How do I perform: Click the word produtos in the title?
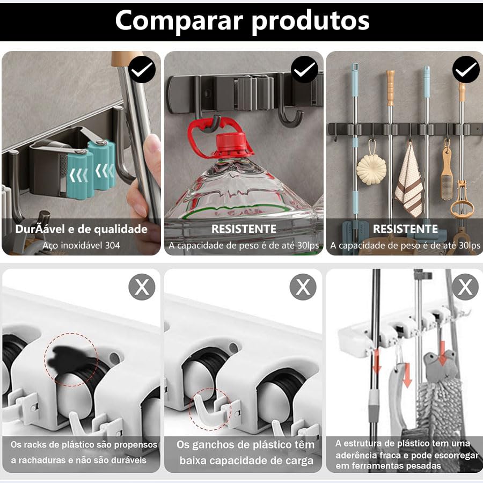tap(311, 21)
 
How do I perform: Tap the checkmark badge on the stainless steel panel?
tap(142, 69)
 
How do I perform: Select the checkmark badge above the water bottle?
tap(304, 69)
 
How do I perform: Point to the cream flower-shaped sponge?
tap(371, 170)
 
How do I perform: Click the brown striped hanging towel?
tap(409, 181)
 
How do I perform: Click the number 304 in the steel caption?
tap(113, 245)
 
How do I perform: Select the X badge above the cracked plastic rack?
tap(142, 287)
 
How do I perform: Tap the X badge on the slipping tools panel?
tap(465, 287)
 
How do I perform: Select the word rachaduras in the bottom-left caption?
tap(46, 460)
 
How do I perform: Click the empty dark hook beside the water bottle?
tap(288, 116)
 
